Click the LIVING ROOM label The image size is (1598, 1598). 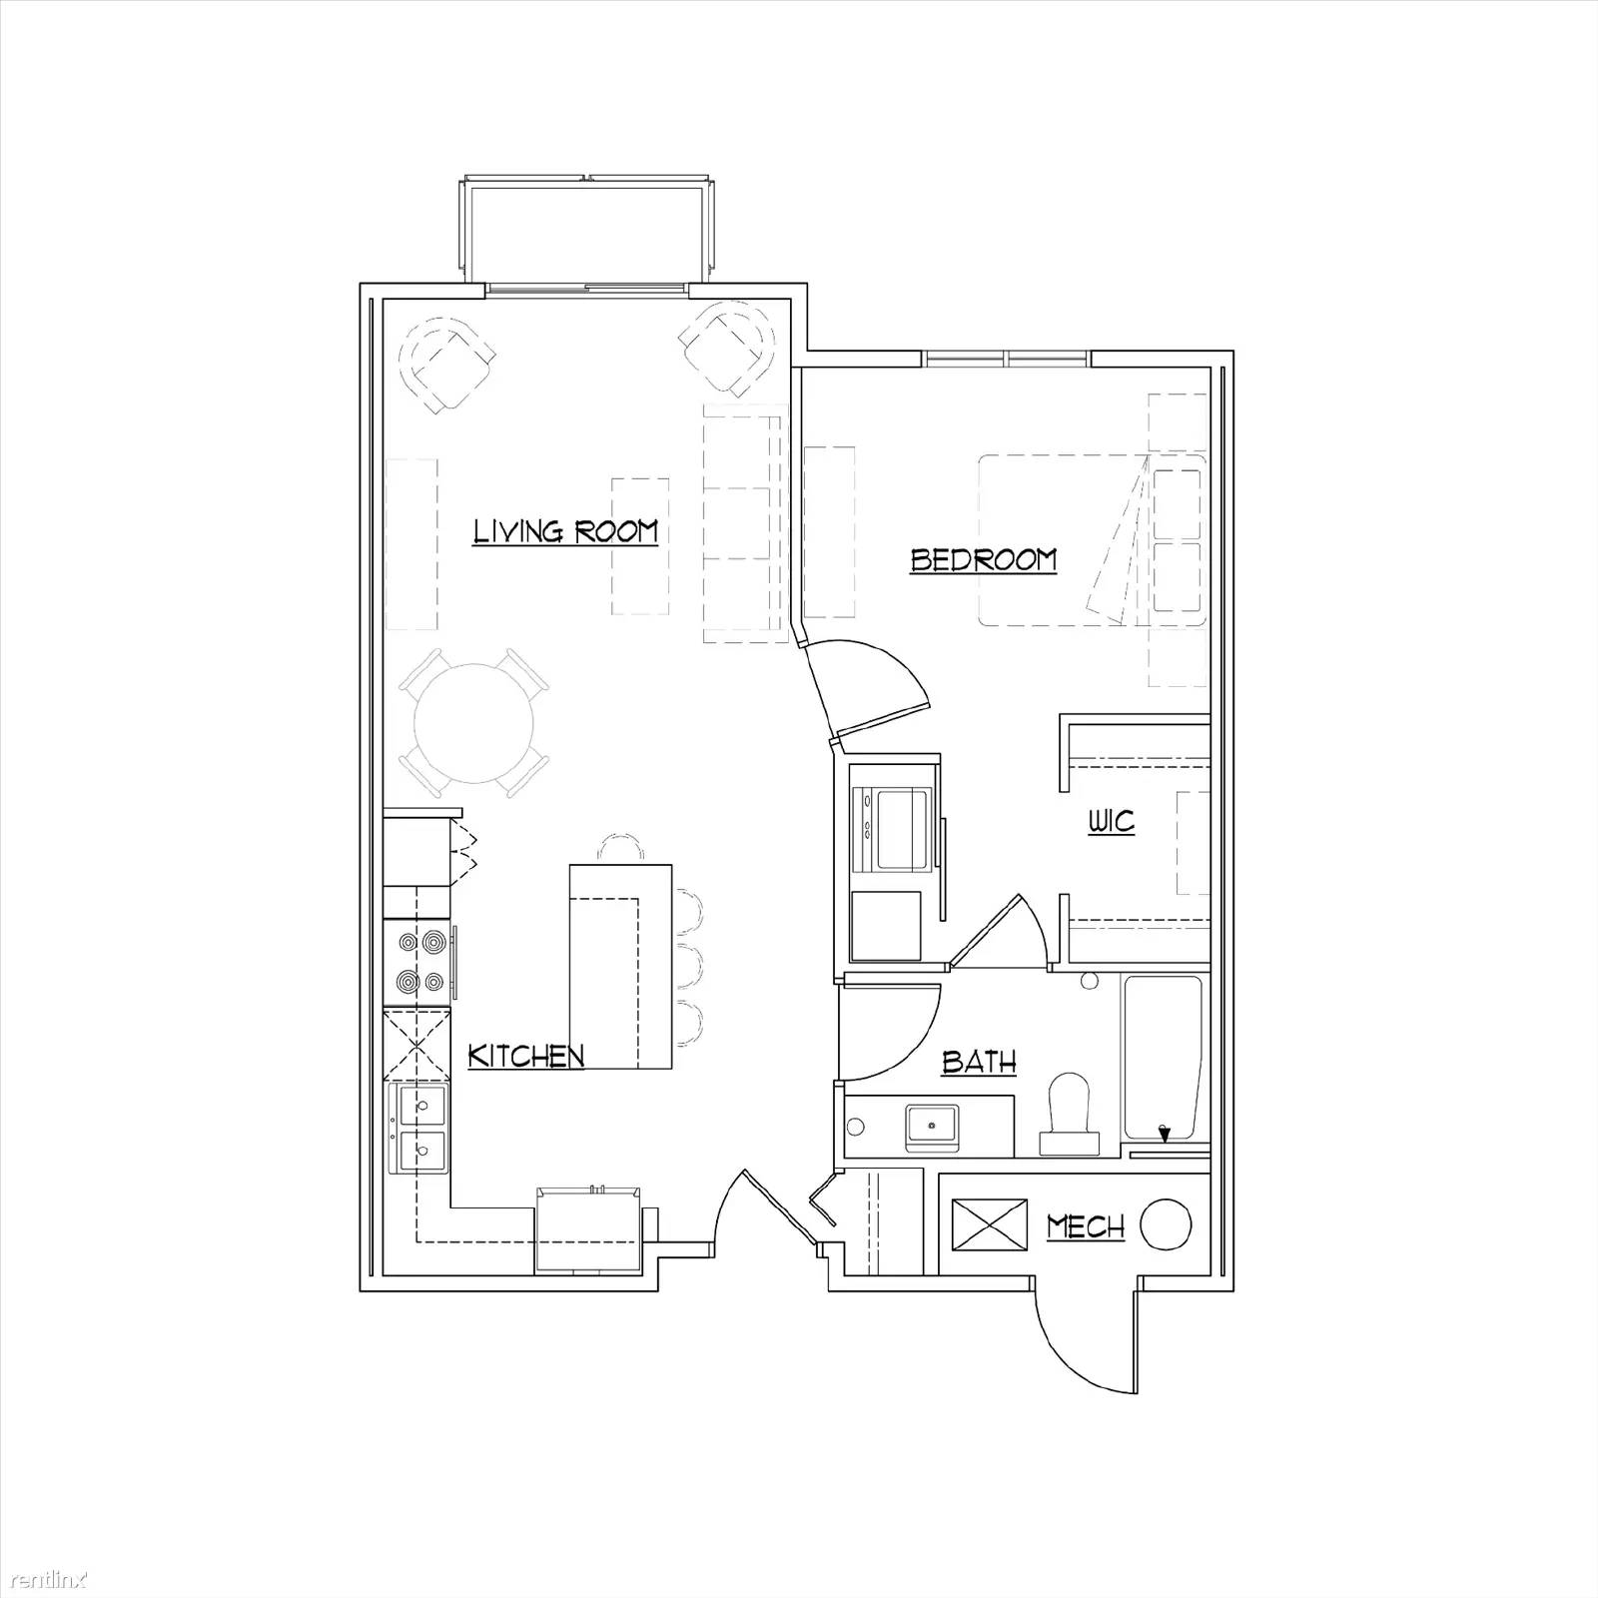pyautogui.click(x=565, y=530)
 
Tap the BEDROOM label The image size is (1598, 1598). pyautogui.click(x=983, y=559)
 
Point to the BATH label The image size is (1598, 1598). pyautogui.click(x=979, y=1062)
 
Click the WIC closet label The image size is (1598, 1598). pyautogui.click(x=1111, y=822)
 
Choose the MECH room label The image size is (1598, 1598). pyautogui.click(x=1086, y=1225)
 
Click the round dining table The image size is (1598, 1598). pyautogui.click(x=474, y=723)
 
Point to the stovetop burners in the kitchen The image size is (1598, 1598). pyautogui.click(x=419, y=961)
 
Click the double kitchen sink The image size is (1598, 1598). pyautogui.click(x=420, y=1129)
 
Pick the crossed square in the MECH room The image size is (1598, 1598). pyautogui.click(x=990, y=1224)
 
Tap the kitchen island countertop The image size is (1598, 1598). pyautogui.click(x=619, y=965)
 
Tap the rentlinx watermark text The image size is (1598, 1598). pyautogui.click(x=45, y=1579)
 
